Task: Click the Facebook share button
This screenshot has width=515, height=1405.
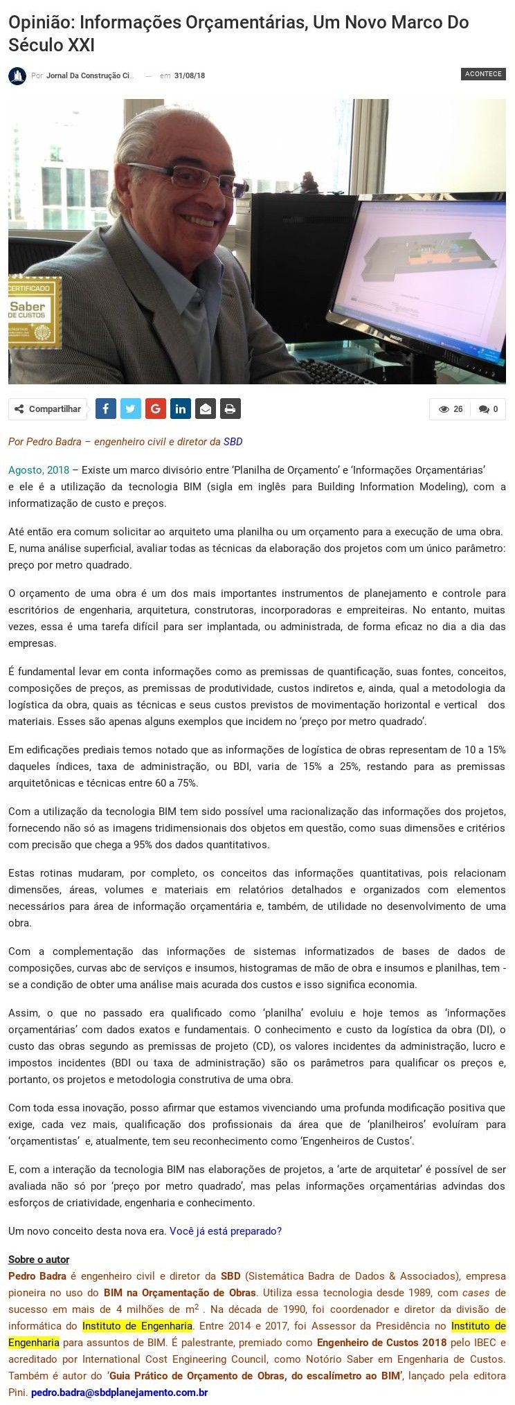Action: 105,409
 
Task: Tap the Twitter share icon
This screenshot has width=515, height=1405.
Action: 130,409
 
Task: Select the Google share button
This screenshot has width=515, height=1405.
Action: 155,409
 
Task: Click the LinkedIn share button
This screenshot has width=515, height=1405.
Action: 180,409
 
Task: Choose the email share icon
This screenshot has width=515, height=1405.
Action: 205,409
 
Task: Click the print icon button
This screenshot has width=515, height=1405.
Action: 230,409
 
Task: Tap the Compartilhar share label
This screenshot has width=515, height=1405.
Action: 48,409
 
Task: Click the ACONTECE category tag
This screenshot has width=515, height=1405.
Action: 482,74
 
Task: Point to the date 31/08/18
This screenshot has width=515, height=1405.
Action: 190,76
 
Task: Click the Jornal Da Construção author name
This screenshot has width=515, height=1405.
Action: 90,76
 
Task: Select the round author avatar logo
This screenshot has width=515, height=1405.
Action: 17,76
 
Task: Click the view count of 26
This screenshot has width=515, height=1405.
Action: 451,409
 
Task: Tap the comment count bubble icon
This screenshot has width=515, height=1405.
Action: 484,409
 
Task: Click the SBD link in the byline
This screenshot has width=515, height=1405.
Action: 233,442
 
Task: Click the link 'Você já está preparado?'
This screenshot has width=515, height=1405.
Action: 226,1231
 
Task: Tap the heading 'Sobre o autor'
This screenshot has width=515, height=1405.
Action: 39,1260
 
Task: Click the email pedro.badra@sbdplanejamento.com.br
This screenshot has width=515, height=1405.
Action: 120,1392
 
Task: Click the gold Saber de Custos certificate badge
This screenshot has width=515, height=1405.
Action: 35,312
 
